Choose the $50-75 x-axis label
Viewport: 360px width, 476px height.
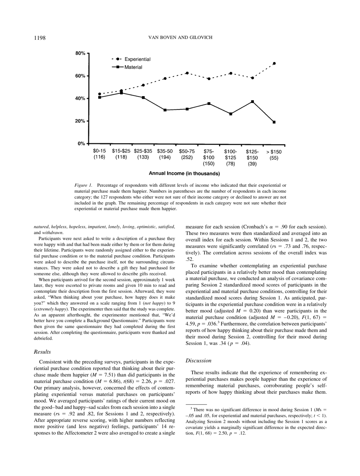[x=187, y=151]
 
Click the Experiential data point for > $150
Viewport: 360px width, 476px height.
[x=274, y=63]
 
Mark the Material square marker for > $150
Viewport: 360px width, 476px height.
[x=274, y=122]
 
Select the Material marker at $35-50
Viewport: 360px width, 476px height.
[x=165, y=110]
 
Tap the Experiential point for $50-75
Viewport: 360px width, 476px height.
[x=187, y=73]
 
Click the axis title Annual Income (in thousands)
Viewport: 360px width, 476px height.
[x=184, y=174]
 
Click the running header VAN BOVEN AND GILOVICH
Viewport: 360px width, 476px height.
[x=180, y=37]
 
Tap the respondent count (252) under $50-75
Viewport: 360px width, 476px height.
[x=187, y=157]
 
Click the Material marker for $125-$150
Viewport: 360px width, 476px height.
[x=252, y=101]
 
